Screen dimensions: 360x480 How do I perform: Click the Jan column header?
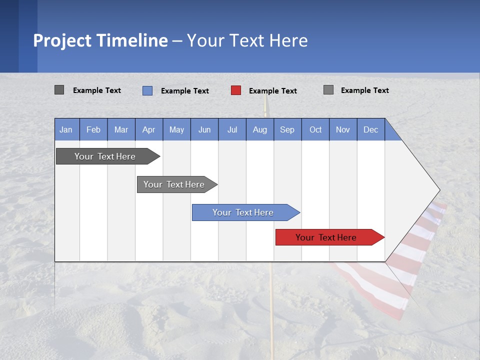[x=66, y=129]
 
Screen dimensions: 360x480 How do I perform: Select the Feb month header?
[x=93, y=129]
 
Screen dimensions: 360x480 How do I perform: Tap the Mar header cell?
[x=121, y=129]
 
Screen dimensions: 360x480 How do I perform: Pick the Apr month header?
[x=149, y=129]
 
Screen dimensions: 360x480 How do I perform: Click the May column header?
[x=176, y=129]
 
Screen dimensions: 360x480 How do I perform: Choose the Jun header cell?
[x=204, y=129]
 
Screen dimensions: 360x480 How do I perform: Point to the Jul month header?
[x=232, y=129]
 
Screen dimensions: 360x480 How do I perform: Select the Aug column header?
[x=260, y=129]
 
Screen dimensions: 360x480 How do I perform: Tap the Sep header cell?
[x=287, y=129]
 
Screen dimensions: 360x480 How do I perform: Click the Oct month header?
[x=315, y=129]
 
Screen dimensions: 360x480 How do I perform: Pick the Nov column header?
[x=343, y=129]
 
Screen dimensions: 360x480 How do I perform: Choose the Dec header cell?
[x=371, y=129]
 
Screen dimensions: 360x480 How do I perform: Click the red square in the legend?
[x=236, y=90]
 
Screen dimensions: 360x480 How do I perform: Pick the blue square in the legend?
[x=147, y=90]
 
